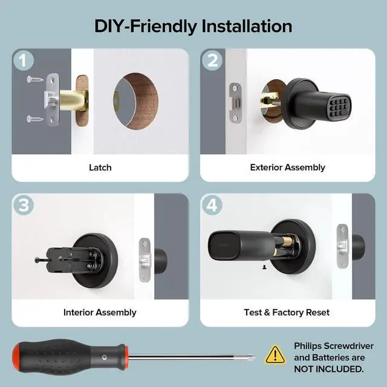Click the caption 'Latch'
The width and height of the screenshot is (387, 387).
point(100,167)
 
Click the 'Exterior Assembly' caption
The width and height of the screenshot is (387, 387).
point(287,167)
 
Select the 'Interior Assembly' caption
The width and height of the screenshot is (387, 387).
point(100,313)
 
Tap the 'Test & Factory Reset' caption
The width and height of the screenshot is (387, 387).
point(287,313)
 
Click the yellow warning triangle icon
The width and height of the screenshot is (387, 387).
point(276,355)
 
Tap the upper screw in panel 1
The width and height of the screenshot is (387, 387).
point(36,79)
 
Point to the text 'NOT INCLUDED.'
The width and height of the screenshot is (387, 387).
point(329,369)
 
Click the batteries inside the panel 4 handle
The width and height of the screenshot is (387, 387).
point(284,248)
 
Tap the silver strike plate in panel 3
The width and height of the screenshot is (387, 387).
point(145,254)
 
